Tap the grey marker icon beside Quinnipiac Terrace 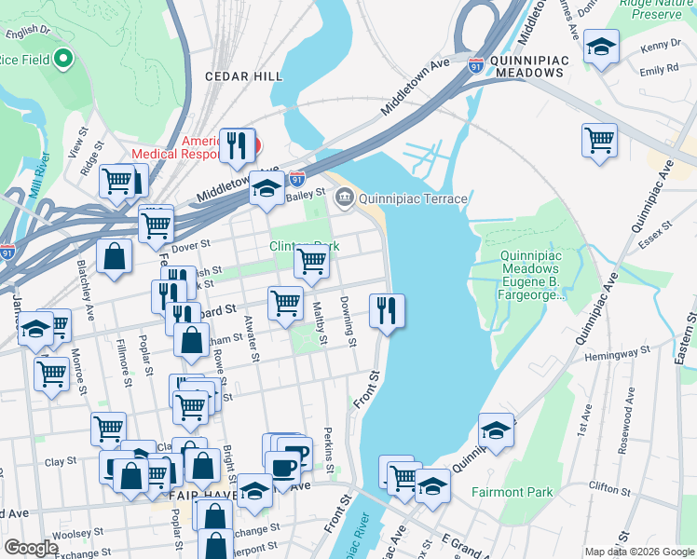tap(345, 198)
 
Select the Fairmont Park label tap(512, 492)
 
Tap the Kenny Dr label tap(661, 46)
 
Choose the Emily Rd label tap(658, 70)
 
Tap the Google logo tap(31, 548)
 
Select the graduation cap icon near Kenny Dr tap(601, 45)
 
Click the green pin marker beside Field tap(63, 60)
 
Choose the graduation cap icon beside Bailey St tap(266, 188)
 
